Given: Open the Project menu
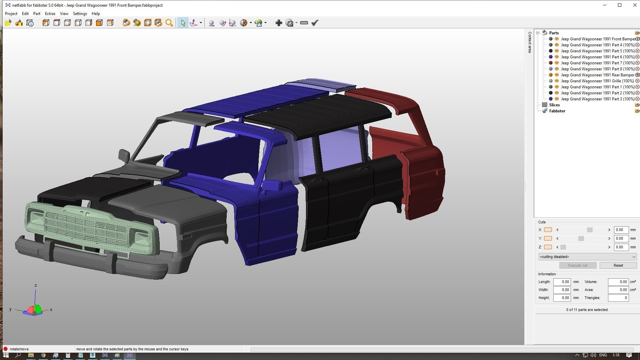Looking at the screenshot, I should (11, 14).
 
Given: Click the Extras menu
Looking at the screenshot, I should (50, 14).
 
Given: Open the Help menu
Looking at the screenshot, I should (96, 14).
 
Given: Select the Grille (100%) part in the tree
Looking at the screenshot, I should (597, 81).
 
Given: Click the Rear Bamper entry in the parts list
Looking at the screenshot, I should (597, 75).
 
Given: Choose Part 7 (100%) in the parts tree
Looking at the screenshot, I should (597, 63).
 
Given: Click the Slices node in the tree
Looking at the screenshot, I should (554, 105).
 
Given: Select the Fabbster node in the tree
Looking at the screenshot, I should (557, 111).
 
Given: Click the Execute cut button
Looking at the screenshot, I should (578, 265).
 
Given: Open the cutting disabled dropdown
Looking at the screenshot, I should (587, 257).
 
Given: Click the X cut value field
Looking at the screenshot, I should (621, 230).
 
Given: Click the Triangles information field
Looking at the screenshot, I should (618, 298).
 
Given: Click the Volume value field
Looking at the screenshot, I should (618, 282).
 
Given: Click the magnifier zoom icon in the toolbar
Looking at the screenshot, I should (169, 23).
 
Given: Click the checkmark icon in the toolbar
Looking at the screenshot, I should (315, 23).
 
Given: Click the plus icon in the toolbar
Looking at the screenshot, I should (279, 23).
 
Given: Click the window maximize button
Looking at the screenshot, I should (620, 5).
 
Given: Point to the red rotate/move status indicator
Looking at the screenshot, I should (5, 349).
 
